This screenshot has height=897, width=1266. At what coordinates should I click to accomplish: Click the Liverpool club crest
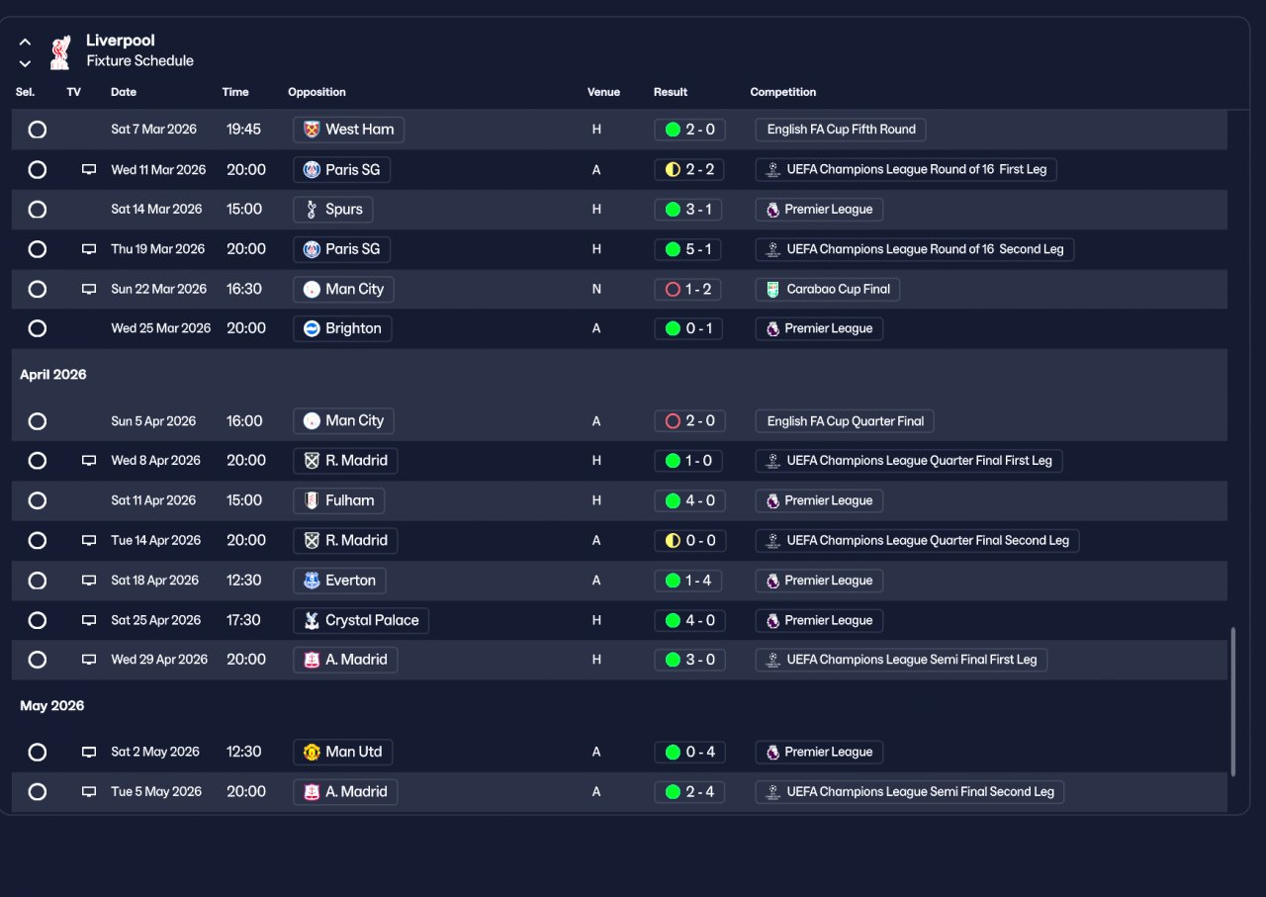click(x=60, y=52)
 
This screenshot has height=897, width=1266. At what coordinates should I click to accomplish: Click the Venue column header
click(x=603, y=92)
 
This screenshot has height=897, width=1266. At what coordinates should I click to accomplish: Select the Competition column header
click(x=782, y=92)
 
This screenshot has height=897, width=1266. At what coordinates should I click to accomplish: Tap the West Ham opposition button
click(x=348, y=130)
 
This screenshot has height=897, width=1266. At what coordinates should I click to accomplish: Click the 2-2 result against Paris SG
click(x=689, y=169)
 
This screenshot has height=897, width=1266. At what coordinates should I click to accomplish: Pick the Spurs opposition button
click(x=332, y=209)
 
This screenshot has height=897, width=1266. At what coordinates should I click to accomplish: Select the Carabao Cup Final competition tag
click(x=827, y=290)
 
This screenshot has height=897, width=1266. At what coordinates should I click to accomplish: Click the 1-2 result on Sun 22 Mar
click(x=687, y=290)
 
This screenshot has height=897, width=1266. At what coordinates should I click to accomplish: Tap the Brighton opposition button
click(x=342, y=328)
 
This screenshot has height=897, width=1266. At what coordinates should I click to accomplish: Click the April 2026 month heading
click(x=53, y=375)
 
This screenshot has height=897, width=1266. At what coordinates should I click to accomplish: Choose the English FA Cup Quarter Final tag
click(x=845, y=421)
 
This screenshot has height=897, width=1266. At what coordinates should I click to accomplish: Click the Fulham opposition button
click(x=338, y=500)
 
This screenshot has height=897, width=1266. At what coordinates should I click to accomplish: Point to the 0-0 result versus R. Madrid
click(x=689, y=540)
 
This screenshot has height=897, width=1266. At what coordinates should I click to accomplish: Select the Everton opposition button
click(x=339, y=581)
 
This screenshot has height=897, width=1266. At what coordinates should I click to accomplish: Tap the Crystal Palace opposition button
click(x=361, y=621)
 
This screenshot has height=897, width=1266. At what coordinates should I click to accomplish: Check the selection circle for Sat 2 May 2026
click(x=38, y=753)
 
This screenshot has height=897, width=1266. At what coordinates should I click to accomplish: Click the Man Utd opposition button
click(x=342, y=753)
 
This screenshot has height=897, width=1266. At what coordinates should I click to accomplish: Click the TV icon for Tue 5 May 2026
click(x=89, y=792)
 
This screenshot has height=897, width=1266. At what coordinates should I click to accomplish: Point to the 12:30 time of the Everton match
click(x=243, y=581)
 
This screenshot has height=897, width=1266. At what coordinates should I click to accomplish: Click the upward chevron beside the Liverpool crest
click(x=25, y=42)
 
